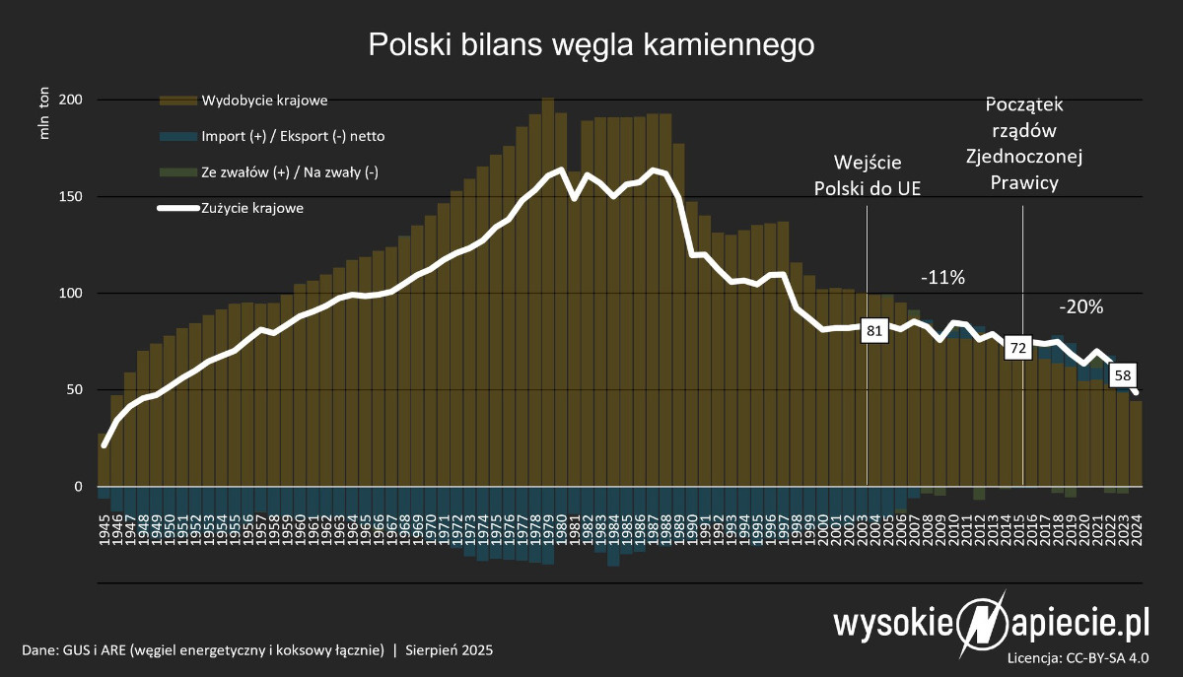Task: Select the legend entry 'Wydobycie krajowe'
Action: click(x=264, y=101)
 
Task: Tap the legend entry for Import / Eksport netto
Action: click(x=286, y=136)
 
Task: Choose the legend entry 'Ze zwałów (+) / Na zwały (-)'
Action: click(x=290, y=172)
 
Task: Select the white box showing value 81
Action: click(x=873, y=331)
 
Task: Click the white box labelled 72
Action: click(x=1017, y=347)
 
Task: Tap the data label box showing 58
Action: click(x=1122, y=375)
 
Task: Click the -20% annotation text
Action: click(x=1080, y=306)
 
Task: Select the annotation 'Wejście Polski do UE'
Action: click(x=868, y=174)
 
